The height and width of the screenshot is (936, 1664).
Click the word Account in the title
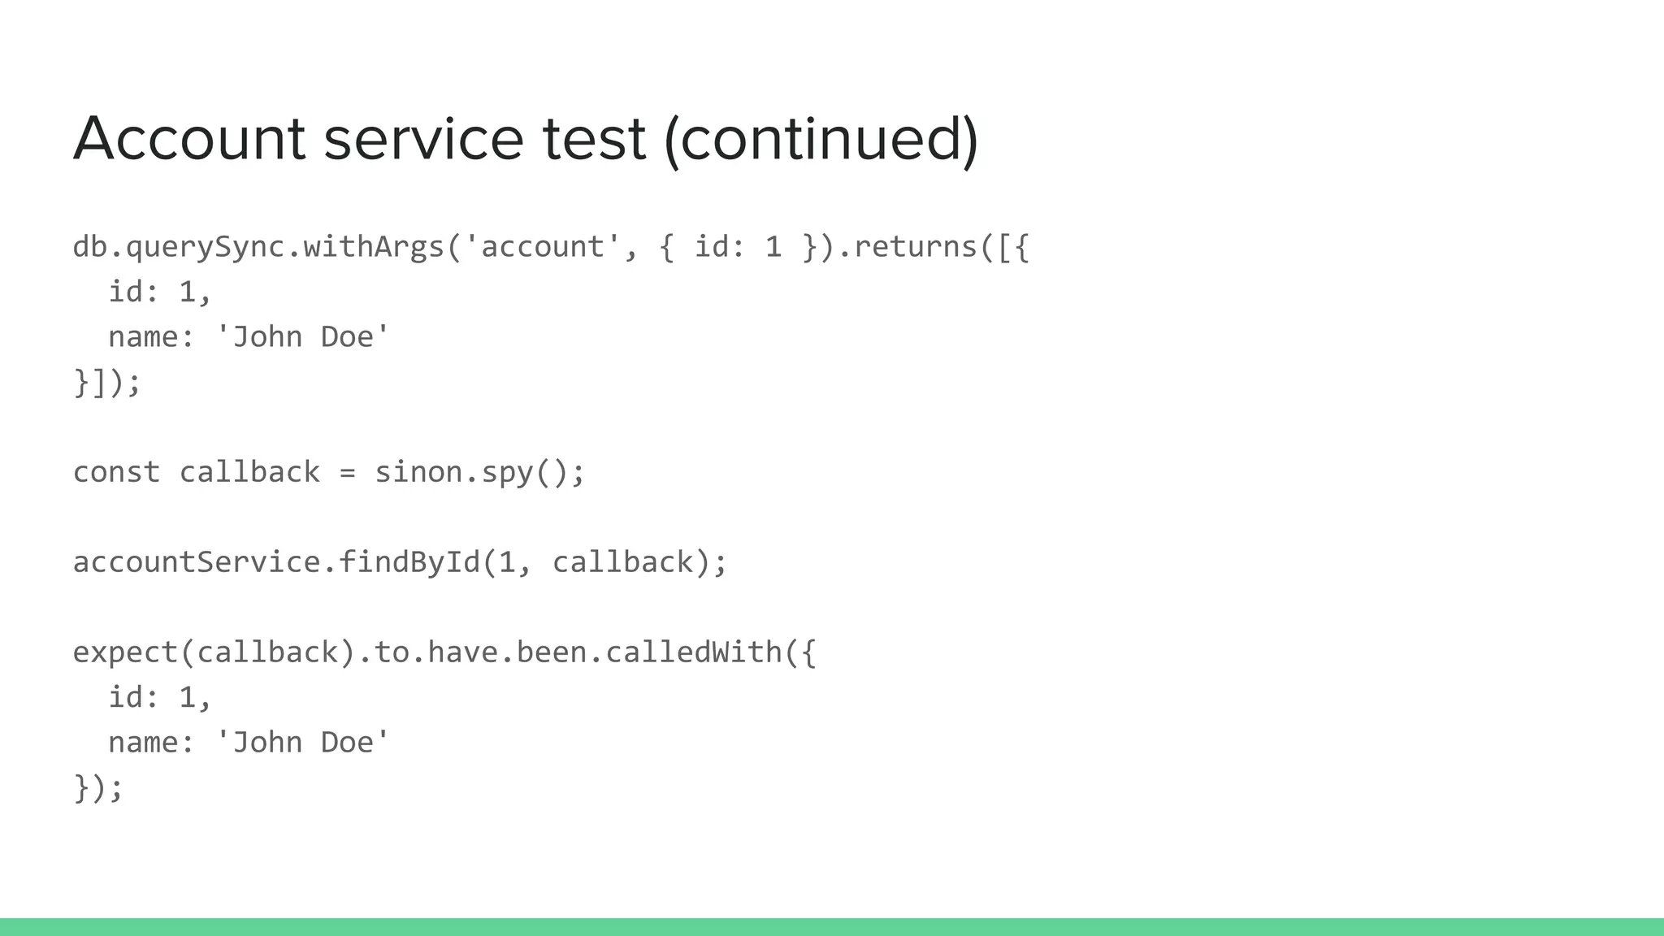(188, 139)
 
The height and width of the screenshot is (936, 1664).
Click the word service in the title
(422, 139)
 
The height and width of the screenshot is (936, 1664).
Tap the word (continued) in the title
(821, 139)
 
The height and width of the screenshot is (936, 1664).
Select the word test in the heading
(593, 139)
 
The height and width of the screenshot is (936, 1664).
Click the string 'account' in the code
(543, 246)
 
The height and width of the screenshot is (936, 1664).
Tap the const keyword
(116, 472)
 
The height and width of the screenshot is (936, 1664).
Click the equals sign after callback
(347, 472)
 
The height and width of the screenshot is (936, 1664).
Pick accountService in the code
(196, 562)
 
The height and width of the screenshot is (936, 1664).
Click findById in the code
(409, 562)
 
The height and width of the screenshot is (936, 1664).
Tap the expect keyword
(125, 652)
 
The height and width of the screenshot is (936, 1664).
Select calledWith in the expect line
(693, 652)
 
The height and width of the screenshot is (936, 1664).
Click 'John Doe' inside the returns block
(303, 336)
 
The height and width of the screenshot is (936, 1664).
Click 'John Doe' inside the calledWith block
(303, 742)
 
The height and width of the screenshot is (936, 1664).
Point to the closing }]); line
(107, 382)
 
